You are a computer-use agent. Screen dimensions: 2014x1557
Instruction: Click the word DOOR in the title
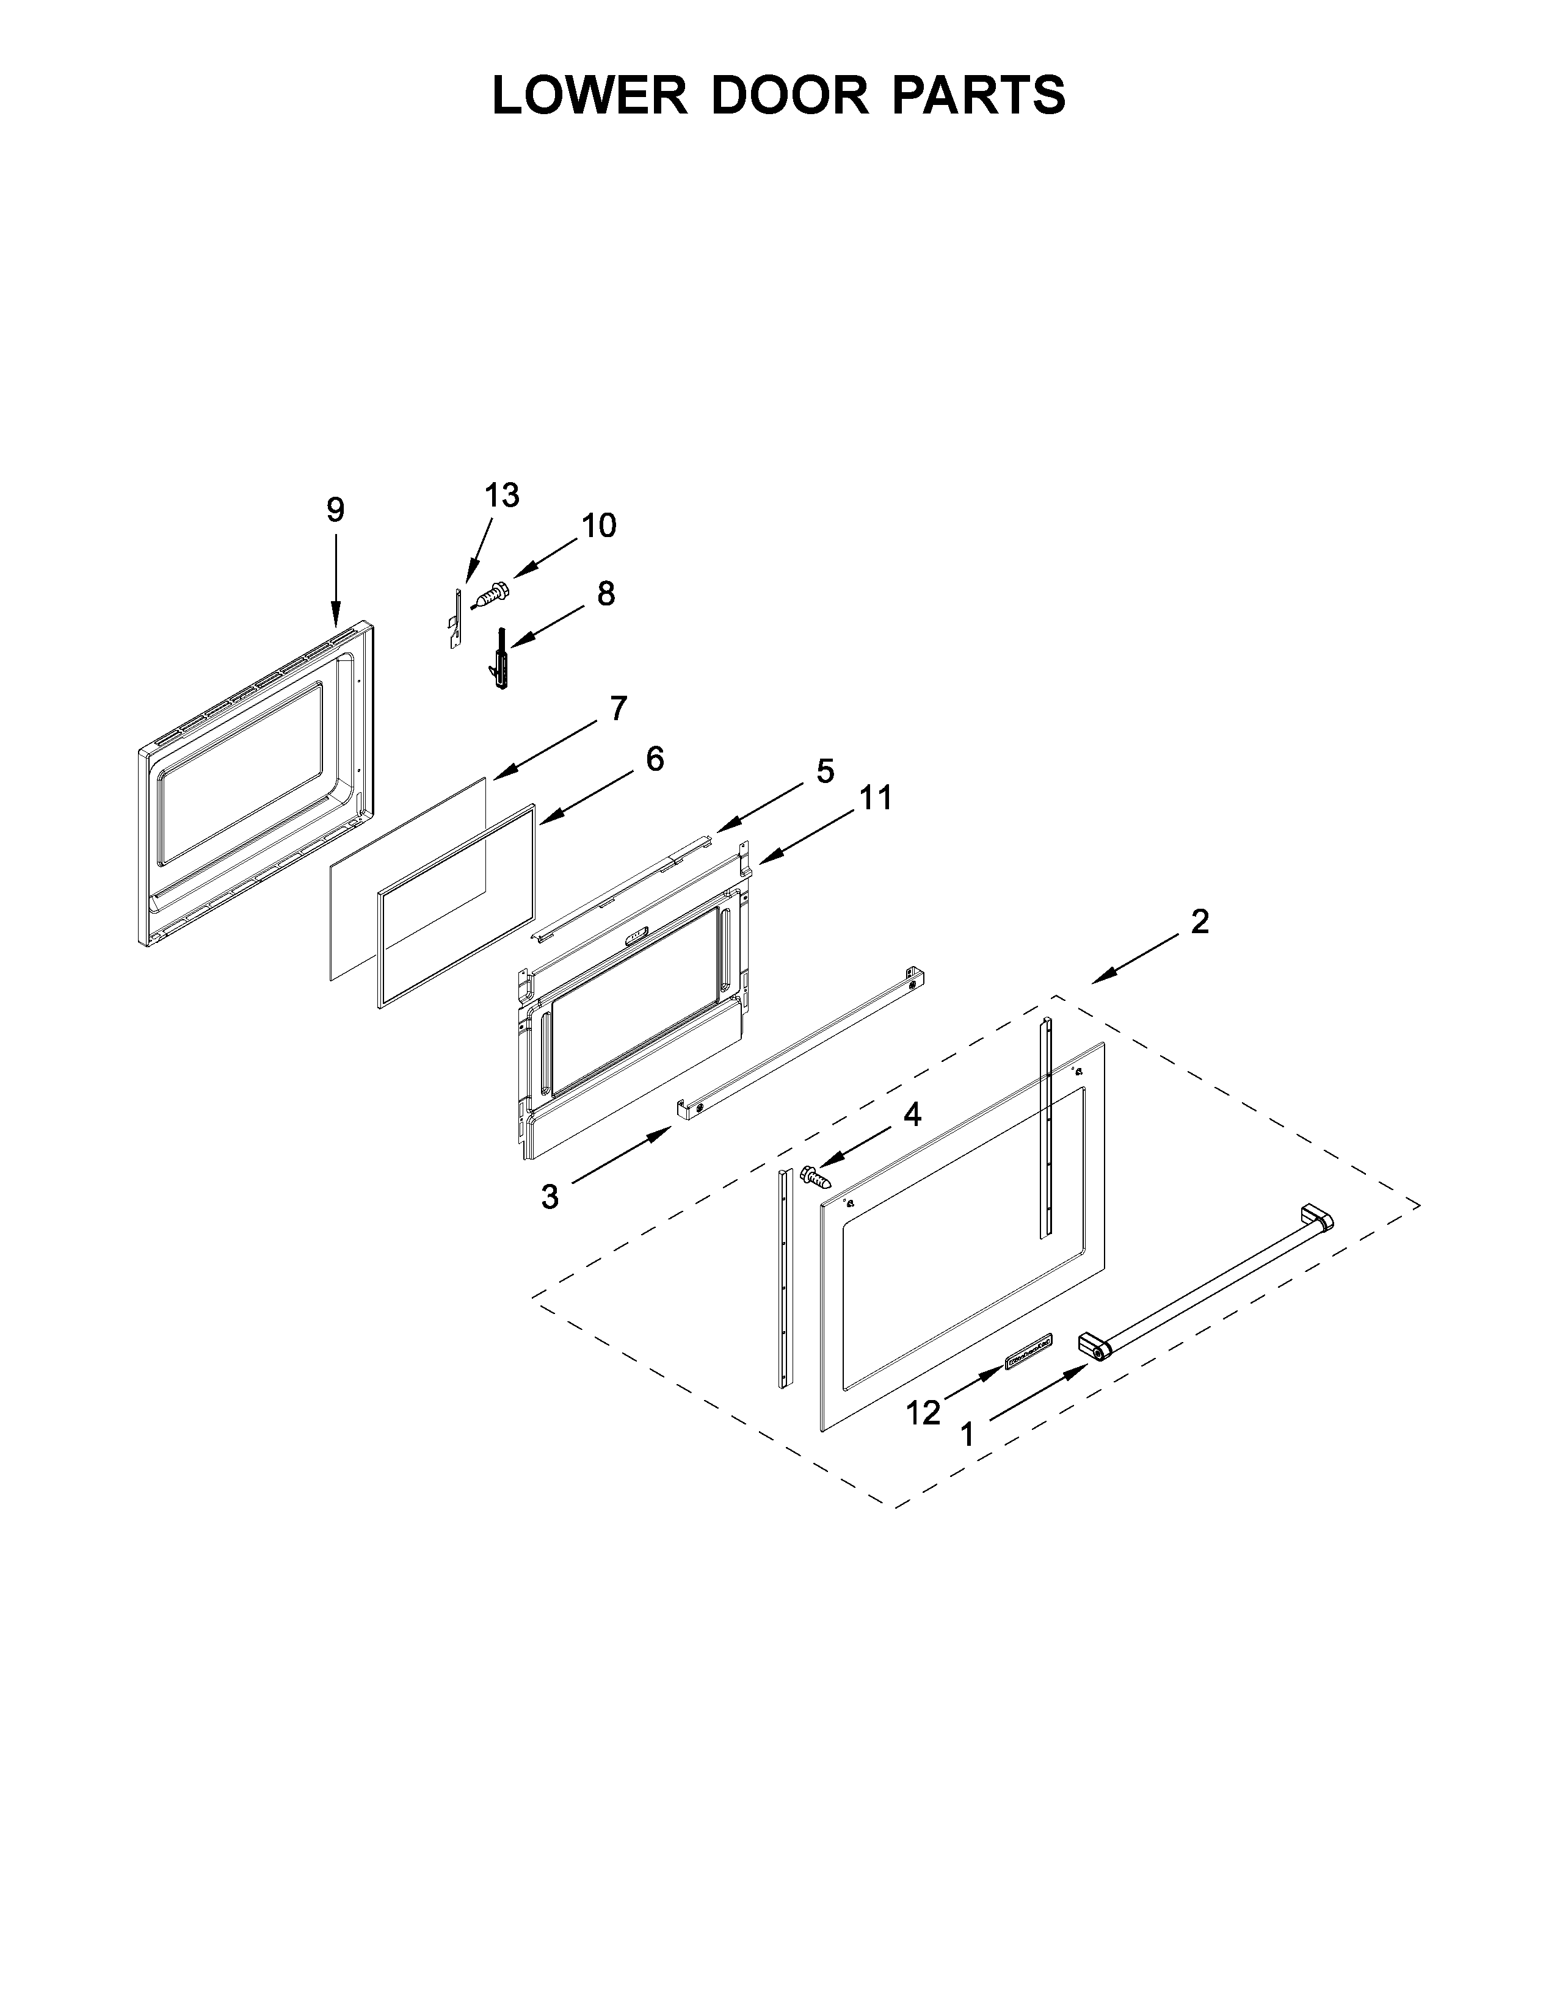789,95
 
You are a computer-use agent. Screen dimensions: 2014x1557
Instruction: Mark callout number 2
1199,920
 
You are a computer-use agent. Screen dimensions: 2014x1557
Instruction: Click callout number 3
550,1197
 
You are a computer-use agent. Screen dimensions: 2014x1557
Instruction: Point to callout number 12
923,1412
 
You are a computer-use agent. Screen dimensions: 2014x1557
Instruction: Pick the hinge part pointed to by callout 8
501,659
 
